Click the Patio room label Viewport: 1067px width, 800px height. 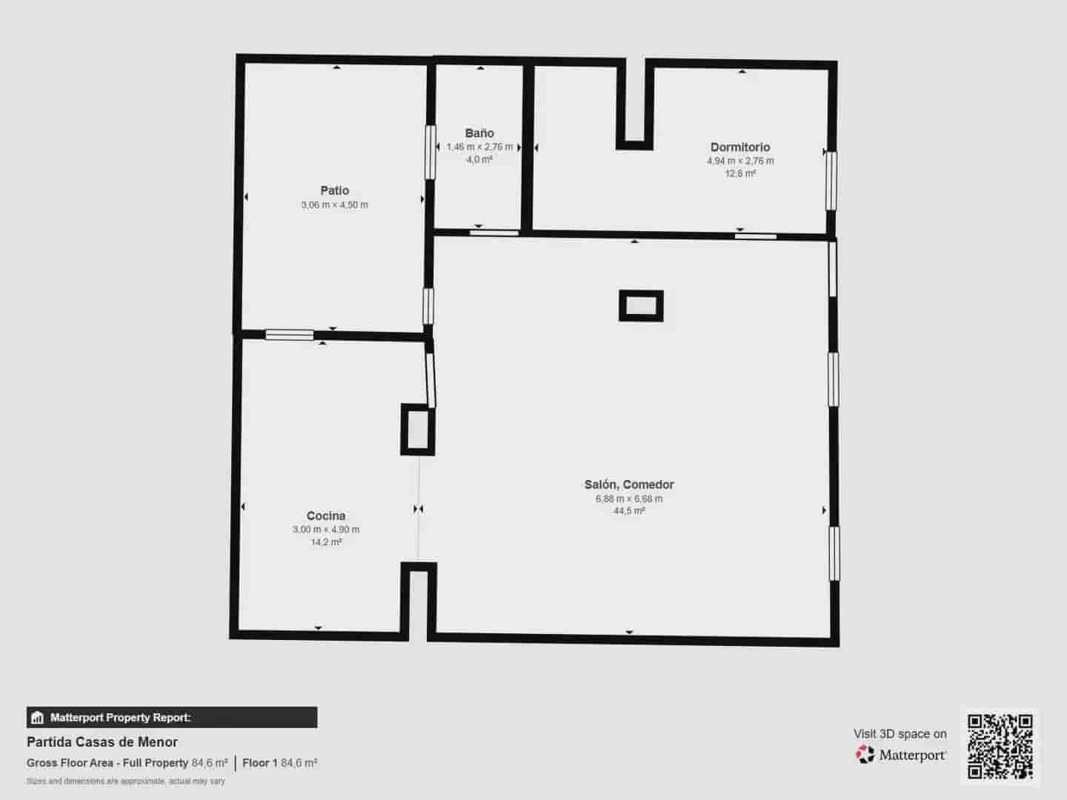334,190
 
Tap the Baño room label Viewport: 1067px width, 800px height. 479,133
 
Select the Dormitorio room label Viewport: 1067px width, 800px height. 740,147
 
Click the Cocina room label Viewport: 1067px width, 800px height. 326,516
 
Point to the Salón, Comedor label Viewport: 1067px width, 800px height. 629,484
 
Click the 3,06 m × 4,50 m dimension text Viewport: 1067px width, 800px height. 334,205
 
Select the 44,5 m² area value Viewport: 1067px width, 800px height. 629,511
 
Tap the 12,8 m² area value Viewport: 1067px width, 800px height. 740,174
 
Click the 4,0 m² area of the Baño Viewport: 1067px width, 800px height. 479,159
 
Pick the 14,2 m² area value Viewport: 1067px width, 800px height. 326,542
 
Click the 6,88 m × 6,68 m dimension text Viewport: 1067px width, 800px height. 629,499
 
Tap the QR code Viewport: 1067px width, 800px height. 1000,747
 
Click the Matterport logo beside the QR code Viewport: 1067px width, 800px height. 902,755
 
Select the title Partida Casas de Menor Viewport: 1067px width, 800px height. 102,741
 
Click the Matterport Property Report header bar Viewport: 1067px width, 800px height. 172,717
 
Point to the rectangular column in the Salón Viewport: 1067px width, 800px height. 641,306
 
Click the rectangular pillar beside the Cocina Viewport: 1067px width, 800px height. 417,430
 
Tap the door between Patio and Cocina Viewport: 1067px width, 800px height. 290,335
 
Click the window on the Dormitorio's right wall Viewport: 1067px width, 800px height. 831,181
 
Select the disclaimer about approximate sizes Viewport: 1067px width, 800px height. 126,781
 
